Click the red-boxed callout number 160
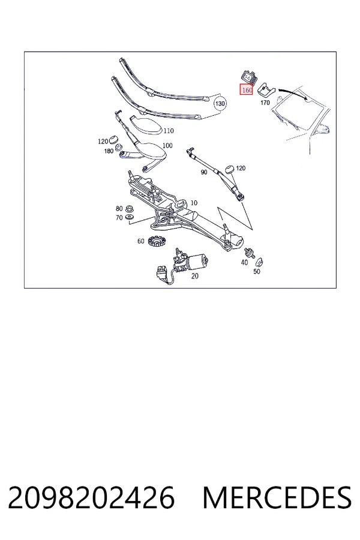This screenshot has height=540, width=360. click(247, 90)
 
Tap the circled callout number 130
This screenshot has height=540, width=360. click(220, 104)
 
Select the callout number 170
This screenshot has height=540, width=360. click(265, 103)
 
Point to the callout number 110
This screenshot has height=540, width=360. click(169, 131)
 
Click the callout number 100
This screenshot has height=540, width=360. click(167, 145)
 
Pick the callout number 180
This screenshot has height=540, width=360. click(109, 151)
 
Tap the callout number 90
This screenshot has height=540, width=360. click(204, 172)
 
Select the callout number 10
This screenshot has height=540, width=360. click(194, 203)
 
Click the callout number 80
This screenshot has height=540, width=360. click(119, 208)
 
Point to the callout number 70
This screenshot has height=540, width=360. click(119, 218)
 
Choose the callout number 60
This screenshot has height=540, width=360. click(141, 241)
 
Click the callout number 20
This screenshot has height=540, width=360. click(194, 276)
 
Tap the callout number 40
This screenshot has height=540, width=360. click(244, 262)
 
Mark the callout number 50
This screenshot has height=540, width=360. click(257, 271)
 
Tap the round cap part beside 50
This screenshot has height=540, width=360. click(259, 261)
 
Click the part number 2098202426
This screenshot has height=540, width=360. click(91, 497)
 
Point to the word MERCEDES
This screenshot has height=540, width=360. click(277, 497)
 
